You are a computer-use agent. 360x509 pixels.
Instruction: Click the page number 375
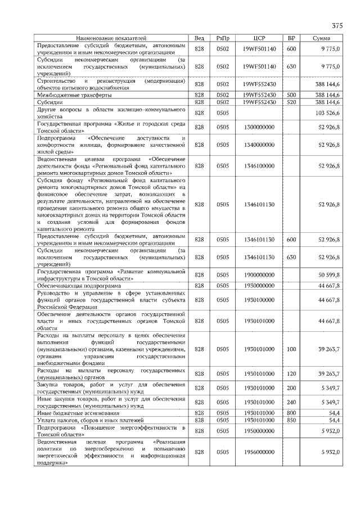[x=337, y=26]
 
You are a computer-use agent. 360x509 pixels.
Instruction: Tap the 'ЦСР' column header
[x=259, y=38]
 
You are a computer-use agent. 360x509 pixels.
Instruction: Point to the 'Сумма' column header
[x=325, y=38]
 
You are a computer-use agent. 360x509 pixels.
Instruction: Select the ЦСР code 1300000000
[x=259, y=127]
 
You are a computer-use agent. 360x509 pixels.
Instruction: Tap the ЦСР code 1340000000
[x=259, y=145]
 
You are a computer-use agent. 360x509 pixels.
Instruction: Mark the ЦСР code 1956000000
[x=259, y=452]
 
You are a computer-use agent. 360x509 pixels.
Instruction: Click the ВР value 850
[x=291, y=420]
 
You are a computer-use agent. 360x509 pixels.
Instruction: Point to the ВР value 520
[x=291, y=103]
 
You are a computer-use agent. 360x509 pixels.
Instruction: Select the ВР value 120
[x=291, y=373]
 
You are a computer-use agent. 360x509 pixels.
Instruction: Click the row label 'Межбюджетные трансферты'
[x=71, y=95]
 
